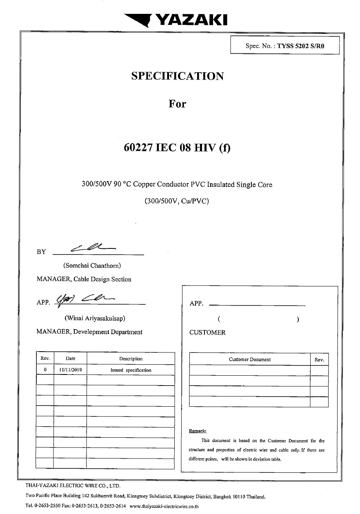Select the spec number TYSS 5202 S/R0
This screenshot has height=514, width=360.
coord(300,46)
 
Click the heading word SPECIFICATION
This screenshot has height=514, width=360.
coord(178,76)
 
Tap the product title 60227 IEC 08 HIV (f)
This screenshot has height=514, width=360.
coord(177,148)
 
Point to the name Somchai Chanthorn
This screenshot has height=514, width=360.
coord(92,266)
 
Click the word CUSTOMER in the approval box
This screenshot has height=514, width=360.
coord(207,332)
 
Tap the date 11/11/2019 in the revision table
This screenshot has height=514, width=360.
coord(70,370)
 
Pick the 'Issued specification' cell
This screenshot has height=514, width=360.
coord(131,370)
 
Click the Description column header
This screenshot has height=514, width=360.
coord(131,359)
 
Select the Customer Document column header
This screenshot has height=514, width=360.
coord(249,359)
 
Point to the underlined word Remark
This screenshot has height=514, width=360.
coord(198,431)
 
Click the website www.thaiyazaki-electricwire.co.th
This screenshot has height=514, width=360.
coord(164,506)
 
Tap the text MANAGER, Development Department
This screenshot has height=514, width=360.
coord(89,332)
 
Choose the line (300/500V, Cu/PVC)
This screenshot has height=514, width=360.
coord(177,201)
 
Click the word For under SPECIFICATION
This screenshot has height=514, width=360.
coord(177,104)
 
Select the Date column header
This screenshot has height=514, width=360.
coord(70,359)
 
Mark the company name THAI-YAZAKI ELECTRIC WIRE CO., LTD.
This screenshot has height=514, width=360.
coord(73,486)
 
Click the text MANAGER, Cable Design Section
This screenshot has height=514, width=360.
coord(84,279)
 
